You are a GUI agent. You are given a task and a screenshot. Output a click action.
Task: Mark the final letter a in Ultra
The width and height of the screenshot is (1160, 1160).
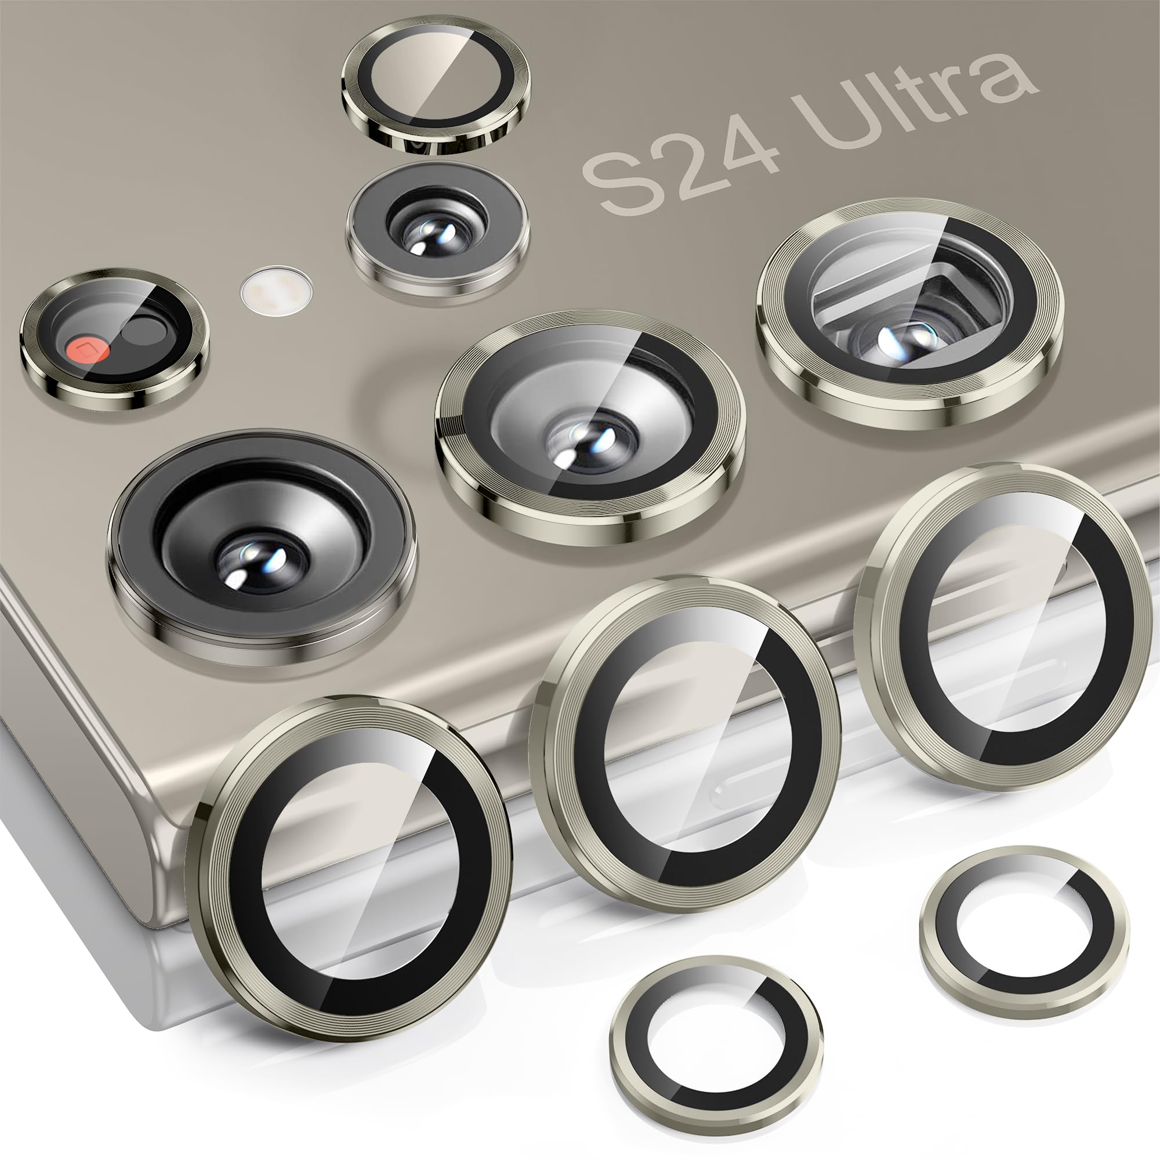pos(1009,81)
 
